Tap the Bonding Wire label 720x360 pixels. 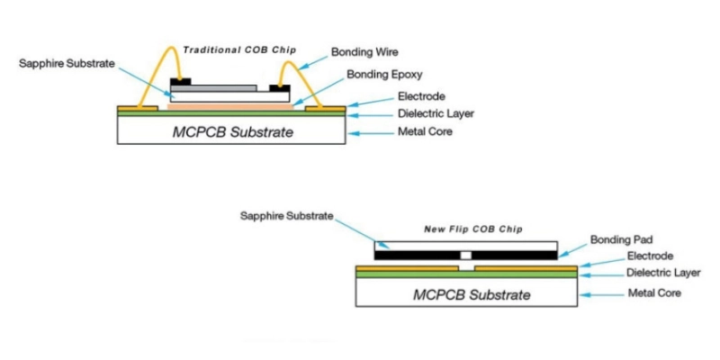[364, 53]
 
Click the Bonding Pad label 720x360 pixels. [616, 239]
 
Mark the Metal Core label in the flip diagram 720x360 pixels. [655, 293]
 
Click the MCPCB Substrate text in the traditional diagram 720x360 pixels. [232, 132]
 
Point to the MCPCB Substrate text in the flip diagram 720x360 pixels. [472, 294]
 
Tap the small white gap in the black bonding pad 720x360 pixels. [465, 256]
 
